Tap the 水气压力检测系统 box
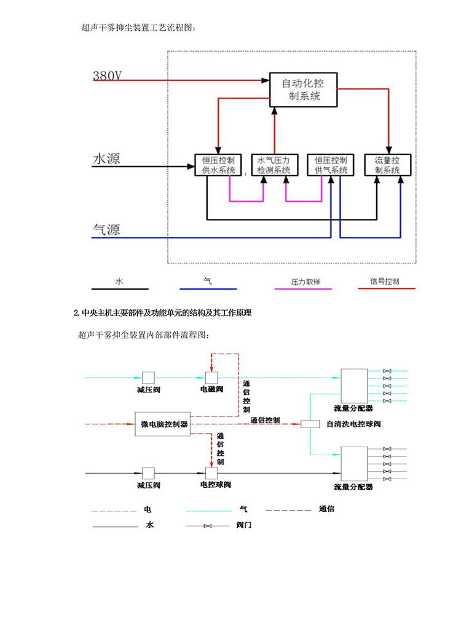[x=274, y=164]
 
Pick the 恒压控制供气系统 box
[x=331, y=164]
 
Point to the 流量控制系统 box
[x=387, y=164]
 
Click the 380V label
[x=108, y=76]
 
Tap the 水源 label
[x=106, y=159]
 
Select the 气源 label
[x=106, y=229]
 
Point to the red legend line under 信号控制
[x=386, y=288]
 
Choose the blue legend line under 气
[x=208, y=289]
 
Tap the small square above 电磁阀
[x=212, y=377]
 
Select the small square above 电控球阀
[x=212, y=472]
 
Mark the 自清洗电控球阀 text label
[x=353, y=424]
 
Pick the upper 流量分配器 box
[x=354, y=385]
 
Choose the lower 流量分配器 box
[x=354, y=463]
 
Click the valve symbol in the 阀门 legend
[x=209, y=526]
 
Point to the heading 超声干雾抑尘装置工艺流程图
[x=141, y=28]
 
